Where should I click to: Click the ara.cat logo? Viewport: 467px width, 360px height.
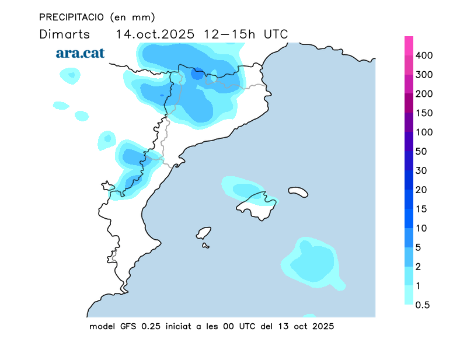(x=80, y=53)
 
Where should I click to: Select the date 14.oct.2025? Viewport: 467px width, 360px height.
(x=155, y=34)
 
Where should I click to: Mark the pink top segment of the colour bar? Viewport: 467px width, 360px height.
(x=409, y=46)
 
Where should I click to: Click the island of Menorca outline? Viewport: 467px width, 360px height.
(x=298, y=191)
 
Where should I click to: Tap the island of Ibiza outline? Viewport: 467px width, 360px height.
(x=203, y=233)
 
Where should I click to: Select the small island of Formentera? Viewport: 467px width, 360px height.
(x=205, y=246)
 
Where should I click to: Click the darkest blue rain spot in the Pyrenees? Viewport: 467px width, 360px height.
(x=198, y=74)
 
